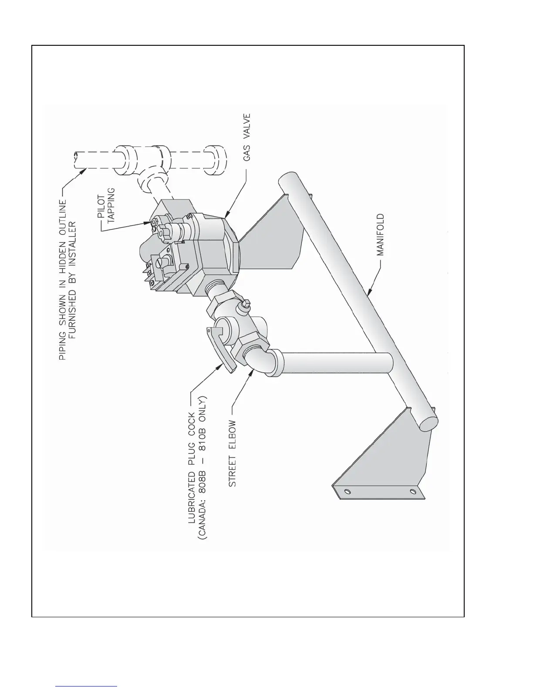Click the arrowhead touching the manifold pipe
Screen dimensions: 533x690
[369, 293]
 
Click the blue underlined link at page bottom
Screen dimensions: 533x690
[87, 686]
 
